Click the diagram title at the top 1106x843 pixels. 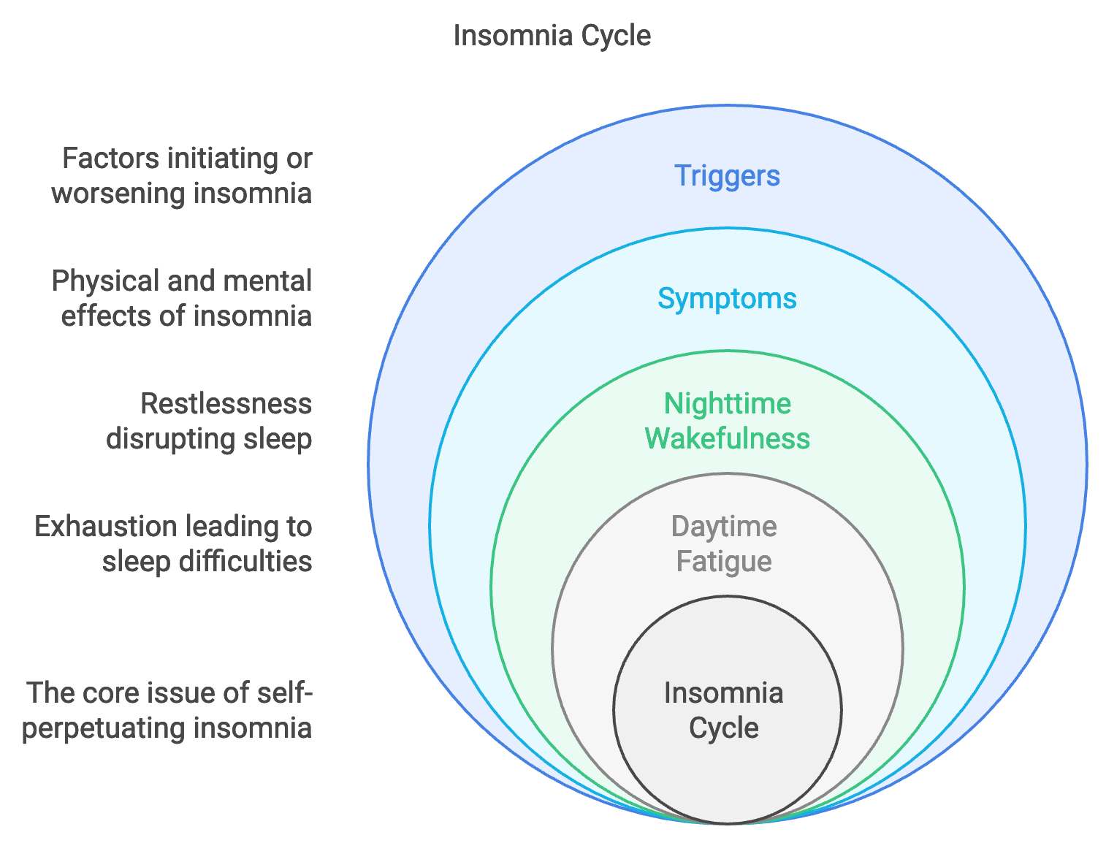[552, 35]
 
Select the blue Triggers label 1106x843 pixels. [727, 176]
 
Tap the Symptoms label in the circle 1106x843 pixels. [727, 299]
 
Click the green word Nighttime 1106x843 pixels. [727, 404]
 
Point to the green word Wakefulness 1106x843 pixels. [727, 439]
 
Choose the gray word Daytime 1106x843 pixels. [723, 527]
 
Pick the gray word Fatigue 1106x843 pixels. [723, 562]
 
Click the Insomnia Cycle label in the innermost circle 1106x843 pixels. [723, 710]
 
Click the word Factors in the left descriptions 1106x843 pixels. [110, 159]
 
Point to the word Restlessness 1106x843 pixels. [226, 404]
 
